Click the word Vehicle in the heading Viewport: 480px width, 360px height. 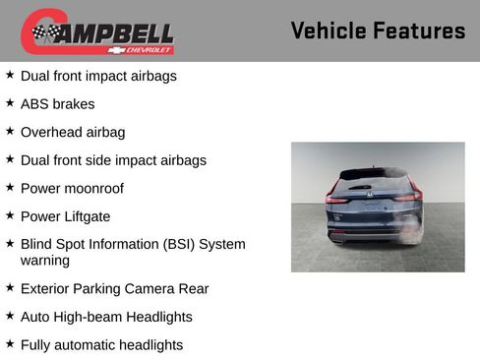330,30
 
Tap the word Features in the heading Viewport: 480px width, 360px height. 420,30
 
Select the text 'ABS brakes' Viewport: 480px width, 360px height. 58,103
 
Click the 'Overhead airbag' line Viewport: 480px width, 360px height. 73,132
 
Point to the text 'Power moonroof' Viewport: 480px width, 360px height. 72,188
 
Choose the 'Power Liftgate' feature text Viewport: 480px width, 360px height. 65,216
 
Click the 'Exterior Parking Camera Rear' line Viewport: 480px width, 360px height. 114,289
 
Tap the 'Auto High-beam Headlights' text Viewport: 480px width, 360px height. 106,317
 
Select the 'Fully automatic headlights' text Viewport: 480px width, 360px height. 101,345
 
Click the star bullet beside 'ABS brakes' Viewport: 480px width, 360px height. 10,102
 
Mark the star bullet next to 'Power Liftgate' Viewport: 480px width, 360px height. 10,215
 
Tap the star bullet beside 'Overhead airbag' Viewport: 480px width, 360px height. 10,131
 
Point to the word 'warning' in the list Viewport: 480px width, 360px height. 45,261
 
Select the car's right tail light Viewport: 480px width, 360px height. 410,197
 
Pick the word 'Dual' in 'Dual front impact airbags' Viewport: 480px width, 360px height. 35,75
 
